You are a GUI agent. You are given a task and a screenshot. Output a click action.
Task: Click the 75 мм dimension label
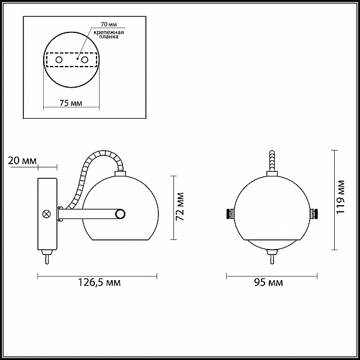[71, 103]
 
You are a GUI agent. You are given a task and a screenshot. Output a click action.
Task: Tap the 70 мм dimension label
[109, 25]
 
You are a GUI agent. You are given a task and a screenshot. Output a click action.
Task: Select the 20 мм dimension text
[22, 161]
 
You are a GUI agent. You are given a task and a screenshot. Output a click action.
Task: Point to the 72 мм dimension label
[180, 206]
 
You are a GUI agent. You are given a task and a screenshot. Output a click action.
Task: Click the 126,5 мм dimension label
[99, 283]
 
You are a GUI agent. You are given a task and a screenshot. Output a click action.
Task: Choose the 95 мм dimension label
[268, 283]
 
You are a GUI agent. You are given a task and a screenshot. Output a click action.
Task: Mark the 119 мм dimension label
[340, 197]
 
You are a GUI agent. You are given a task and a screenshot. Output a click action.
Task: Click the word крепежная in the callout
[109, 32]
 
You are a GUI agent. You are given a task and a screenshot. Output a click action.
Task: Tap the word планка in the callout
[109, 37]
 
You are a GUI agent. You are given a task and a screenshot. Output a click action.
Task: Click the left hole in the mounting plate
[59, 60]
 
